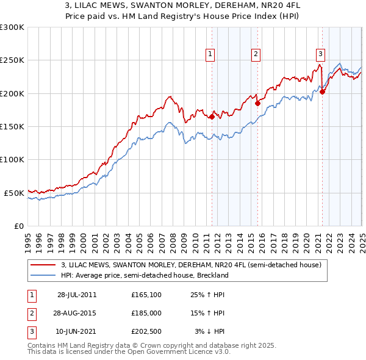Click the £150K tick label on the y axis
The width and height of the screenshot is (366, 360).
point(12,126)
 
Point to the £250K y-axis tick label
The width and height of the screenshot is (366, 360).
point(12,60)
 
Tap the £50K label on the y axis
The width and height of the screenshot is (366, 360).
point(14,193)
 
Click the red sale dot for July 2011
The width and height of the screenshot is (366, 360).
point(212,117)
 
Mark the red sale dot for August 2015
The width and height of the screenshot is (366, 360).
point(257,103)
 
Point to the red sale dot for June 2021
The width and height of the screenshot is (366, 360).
point(322,92)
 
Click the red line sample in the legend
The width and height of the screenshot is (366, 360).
point(43,265)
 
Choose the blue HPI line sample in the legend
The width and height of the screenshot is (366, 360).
point(43,275)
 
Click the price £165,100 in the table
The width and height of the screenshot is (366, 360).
point(146,295)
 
